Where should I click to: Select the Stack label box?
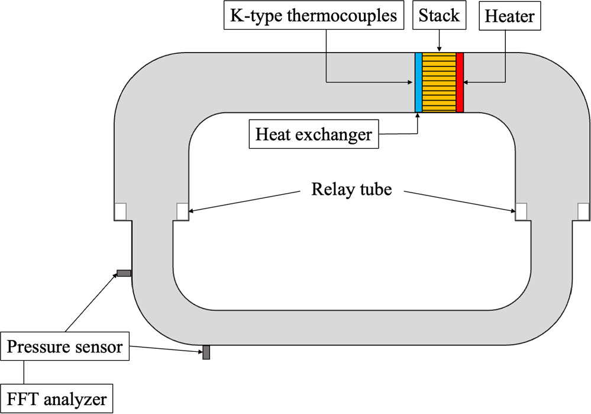click(x=439, y=15)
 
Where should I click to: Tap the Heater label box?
click(x=509, y=16)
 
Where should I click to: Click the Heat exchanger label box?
click(x=314, y=134)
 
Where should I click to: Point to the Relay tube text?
click(x=351, y=190)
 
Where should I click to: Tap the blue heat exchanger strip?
click(x=418, y=82)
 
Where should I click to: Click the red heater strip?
click(x=460, y=82)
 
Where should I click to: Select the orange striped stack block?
click(x=439, y=82)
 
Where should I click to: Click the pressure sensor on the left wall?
click(x=124, y=273)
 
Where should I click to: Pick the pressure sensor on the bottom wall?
click(x=206, y=352)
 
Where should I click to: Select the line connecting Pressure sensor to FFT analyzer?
click(x=24, y=371)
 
